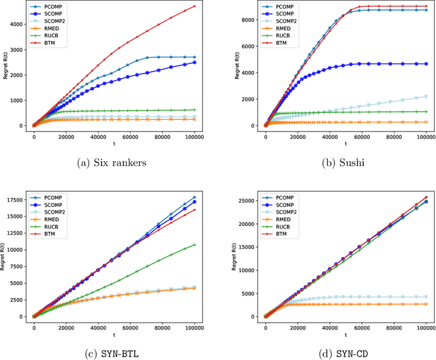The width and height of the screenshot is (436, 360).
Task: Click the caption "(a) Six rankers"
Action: pos(114,162)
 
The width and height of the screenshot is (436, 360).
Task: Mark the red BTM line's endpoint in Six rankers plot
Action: pos(194,6)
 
